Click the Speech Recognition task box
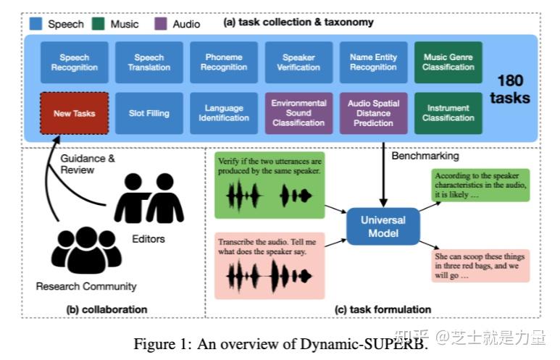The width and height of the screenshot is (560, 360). click(75, 62)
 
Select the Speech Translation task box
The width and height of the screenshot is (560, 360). click(149, 62)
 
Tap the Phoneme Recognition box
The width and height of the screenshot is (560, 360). click(224, 62)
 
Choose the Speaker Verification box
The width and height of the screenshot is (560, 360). click(298, 62)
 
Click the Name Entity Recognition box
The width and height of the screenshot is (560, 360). click(373, 62)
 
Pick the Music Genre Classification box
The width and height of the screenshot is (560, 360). click(448, 62)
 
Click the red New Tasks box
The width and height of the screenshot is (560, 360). click(74, 113)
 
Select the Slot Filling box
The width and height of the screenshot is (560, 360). click(149, 113)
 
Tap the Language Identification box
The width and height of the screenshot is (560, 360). click(224, 113)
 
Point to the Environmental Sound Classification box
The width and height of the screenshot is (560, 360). click(298, 113)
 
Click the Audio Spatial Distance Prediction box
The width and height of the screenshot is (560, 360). click(373, 113)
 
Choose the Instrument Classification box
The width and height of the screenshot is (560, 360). click(448, 113)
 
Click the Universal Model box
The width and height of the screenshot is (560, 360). click(384, 225)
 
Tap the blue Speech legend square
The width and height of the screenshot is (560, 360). click(35, 24)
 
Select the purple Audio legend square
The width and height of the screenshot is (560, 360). click(162, 24)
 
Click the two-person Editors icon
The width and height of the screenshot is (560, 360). click(149, 198)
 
